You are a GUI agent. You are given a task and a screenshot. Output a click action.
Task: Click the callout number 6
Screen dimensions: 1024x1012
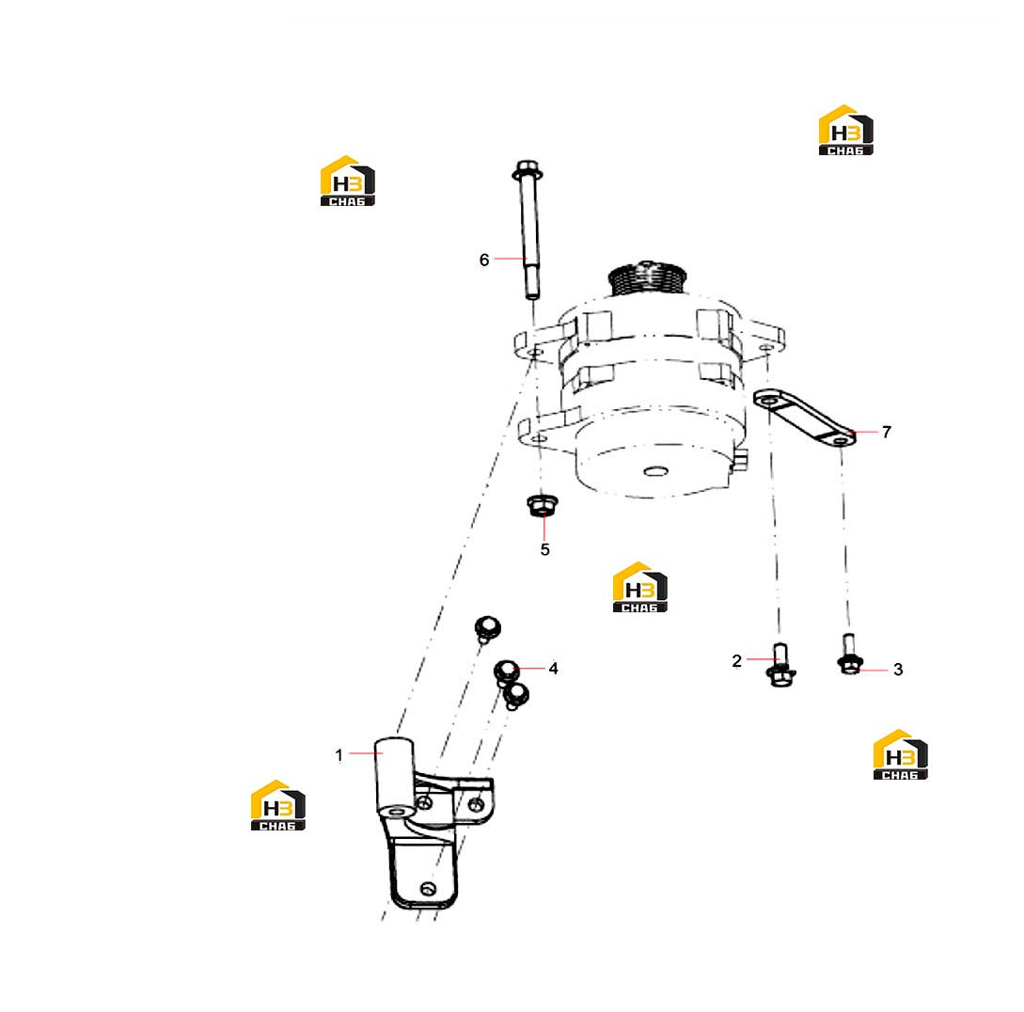484,260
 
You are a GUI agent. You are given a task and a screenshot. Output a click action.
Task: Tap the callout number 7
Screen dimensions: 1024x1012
886,432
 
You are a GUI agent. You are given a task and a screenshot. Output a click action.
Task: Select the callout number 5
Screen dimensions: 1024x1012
544,549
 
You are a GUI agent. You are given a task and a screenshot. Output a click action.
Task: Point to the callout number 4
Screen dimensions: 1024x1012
553,669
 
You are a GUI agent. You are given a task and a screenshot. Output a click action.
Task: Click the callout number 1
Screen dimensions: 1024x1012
339,755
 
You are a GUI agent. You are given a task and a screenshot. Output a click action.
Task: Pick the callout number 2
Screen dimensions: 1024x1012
736,661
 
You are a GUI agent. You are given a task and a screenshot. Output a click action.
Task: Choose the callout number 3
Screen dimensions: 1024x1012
898,670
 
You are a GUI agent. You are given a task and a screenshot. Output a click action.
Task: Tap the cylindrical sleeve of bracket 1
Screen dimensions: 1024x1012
394,778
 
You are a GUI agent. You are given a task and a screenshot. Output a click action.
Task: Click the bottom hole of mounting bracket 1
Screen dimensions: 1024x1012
428,889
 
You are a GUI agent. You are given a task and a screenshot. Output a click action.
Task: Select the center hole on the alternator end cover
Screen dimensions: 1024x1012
655,471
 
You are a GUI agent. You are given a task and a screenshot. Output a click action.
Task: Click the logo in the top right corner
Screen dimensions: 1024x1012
845,130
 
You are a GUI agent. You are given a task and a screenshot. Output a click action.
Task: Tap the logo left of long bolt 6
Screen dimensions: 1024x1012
347,181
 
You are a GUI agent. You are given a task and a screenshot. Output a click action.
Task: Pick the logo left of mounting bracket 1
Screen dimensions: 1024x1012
278,805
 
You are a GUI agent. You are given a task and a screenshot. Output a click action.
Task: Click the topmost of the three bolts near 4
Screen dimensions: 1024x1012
487,627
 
